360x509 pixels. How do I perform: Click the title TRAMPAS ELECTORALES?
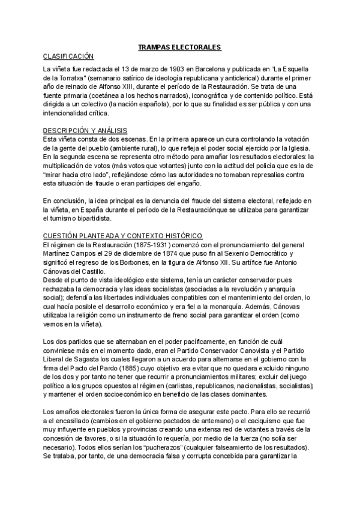pos(179,46)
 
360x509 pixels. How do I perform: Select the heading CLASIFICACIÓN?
pos(68,56)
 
